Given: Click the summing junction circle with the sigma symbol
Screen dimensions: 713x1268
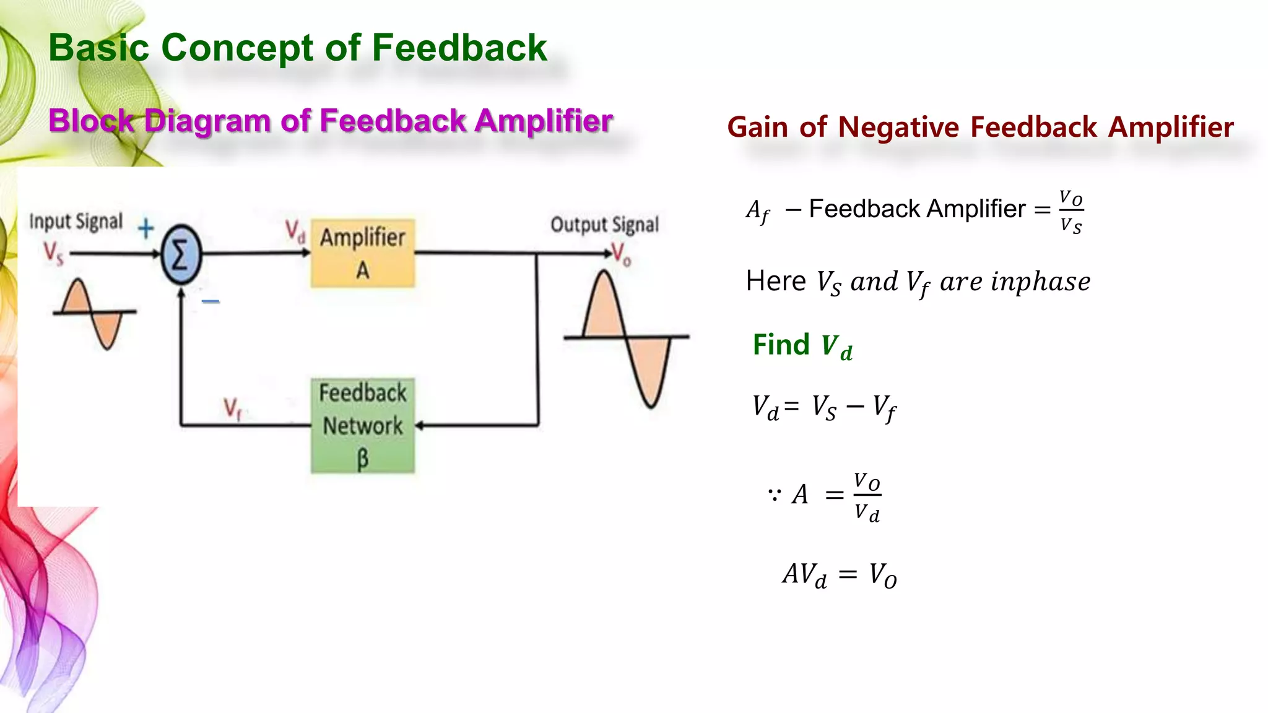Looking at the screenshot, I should [x=181, y=254].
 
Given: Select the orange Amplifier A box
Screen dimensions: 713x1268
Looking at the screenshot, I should [x=363, y=253].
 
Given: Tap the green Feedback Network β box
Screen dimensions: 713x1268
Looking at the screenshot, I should [x=363, y=426].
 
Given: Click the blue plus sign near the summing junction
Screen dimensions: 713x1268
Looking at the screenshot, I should [x=145, y=228].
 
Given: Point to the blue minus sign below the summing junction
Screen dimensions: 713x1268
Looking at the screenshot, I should [x=211, y=301].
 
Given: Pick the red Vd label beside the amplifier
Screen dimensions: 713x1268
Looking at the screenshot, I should [x=295, y=231].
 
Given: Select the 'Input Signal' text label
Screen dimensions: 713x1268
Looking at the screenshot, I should [x=76, y=222].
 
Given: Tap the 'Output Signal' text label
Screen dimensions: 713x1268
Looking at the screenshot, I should [x=604, y=225].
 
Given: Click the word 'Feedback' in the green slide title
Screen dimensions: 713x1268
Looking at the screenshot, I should [x=459, y=48].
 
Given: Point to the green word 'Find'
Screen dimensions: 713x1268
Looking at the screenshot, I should [x=781, y=345].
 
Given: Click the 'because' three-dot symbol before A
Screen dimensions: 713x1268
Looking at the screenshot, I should [x=774, y=495].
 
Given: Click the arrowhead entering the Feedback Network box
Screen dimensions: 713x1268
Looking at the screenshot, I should [x=419, y=425].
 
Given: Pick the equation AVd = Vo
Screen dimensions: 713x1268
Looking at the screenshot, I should [x=840, y=575].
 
